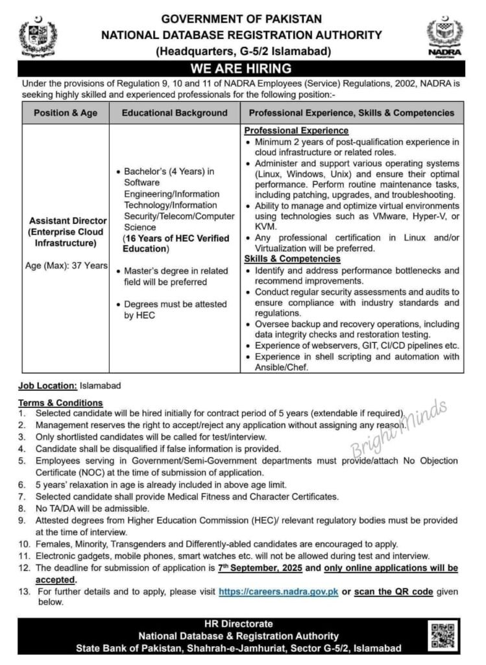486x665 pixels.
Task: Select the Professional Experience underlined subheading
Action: (287, 131)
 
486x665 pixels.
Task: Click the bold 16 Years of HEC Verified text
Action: (173, 239)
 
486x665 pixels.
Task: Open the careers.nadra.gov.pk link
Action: (278, 592)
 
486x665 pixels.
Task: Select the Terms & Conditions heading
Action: (60, 403)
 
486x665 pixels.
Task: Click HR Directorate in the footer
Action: (243, 623)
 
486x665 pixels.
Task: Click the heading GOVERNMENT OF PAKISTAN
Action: (241, 19)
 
